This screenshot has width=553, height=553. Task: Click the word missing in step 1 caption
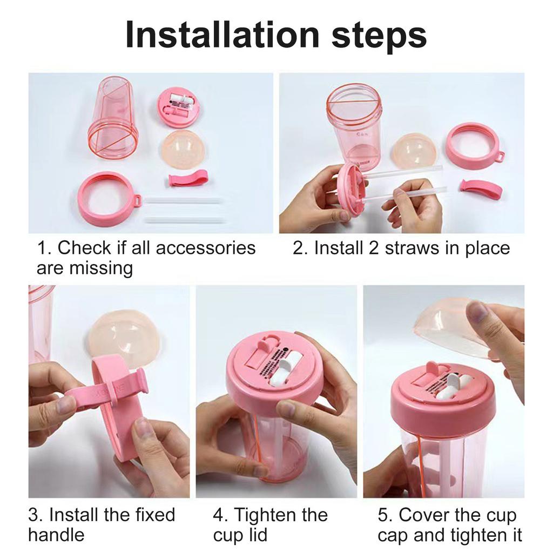click(100, 267)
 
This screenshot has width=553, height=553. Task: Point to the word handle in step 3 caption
click(56, 535)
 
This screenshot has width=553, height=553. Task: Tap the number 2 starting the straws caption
click(298, 248)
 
